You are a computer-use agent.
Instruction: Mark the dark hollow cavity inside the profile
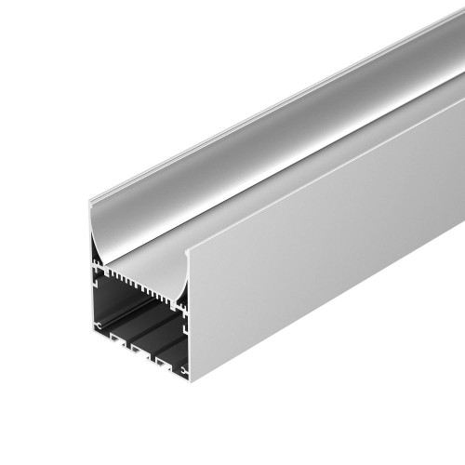(139, 321)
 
